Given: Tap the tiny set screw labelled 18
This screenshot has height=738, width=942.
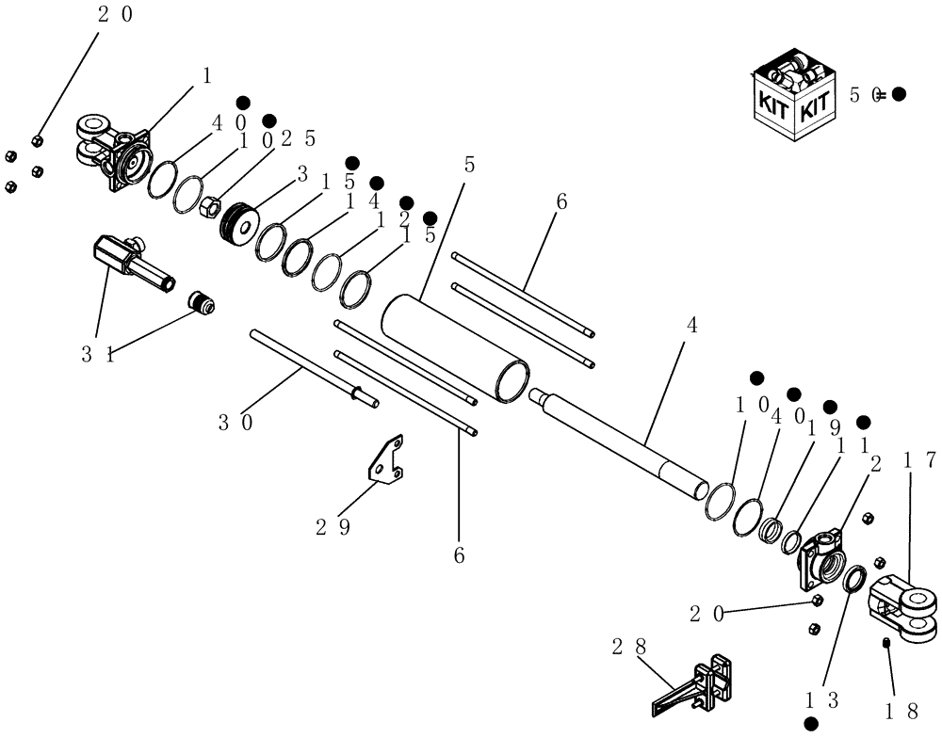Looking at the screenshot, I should [x=887, y=644].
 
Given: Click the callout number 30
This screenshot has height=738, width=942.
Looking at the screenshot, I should [x=235, y=423].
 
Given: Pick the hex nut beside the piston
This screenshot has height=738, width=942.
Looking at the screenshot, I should [x=210, y=203].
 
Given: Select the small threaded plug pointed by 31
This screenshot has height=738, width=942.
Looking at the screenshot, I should [x=201, y=303].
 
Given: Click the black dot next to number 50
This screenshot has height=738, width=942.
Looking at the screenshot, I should [x=899, y=94].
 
